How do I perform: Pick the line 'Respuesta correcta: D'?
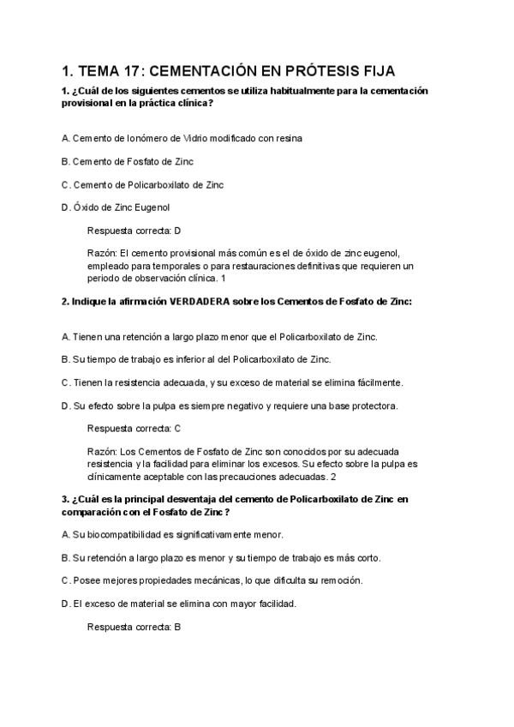(x=134, y=231)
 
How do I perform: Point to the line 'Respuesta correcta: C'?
(x=134, y=428)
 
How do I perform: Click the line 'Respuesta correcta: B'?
(x=134, y=627)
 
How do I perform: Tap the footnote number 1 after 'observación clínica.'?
(x=223, y=279)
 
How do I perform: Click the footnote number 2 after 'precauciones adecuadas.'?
(x=333, y=476)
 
